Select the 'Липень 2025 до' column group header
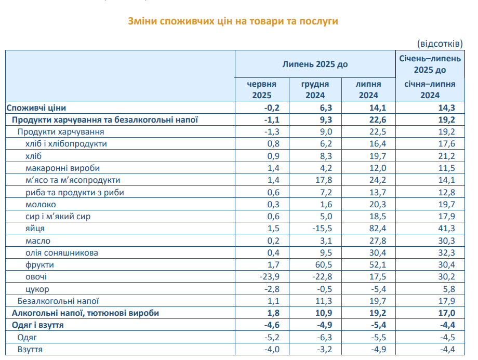315,64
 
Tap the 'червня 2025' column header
261,89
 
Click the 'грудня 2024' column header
315,89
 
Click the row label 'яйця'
35,229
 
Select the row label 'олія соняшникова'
62,253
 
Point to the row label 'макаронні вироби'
62,168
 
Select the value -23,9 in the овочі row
269,277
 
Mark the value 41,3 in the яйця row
446,229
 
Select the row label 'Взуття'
30,349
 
